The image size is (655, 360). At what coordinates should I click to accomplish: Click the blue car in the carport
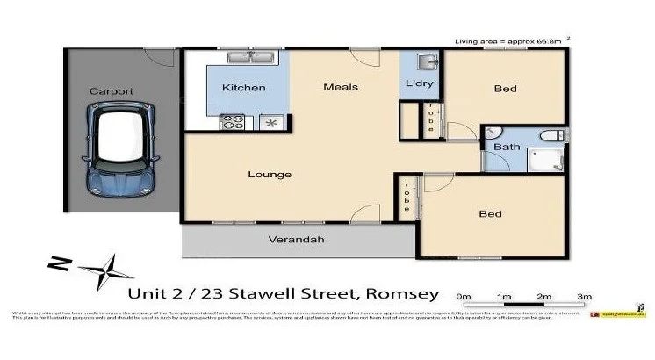click(x=123, y=148)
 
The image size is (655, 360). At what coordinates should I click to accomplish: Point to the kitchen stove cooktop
click(x=234, y=122)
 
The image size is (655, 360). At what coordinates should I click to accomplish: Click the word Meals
click(x=340, y=86)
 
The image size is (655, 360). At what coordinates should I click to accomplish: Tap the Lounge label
click(x=270, y=174)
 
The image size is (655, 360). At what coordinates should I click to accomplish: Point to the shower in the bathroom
click(x=543, y=161)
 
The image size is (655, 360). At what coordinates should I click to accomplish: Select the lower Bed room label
click(x=489, y=213)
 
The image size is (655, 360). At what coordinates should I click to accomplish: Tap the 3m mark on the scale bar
click(x=584, y=296)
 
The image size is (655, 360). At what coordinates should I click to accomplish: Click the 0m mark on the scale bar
click(x=464, y=296)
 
